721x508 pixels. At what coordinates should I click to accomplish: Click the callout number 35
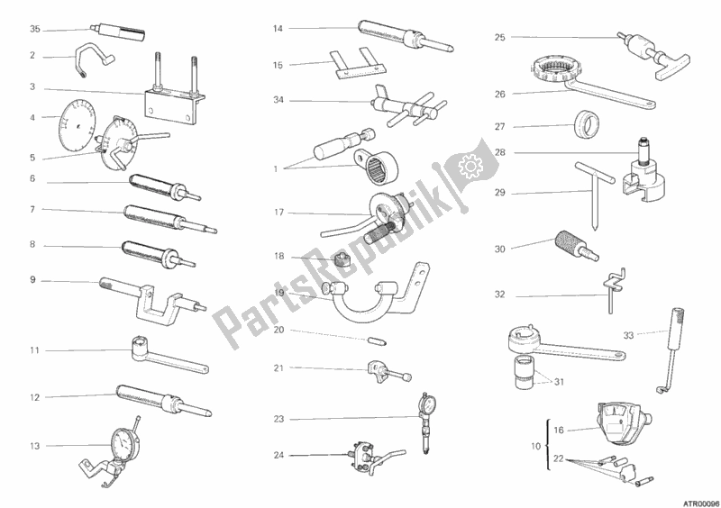(35, 30)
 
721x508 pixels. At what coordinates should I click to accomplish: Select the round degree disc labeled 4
(78, 126)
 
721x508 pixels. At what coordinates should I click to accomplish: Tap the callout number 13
(35, 446)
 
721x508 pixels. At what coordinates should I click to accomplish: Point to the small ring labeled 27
(587, 124)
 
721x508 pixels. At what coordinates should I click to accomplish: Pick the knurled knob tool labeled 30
(577, 246)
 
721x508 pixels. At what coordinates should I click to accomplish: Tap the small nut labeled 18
(341, 261)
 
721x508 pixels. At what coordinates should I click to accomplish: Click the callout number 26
(500, 95)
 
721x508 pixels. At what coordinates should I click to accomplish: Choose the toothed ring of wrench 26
(555, 68)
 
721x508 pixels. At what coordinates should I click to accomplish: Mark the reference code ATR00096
(703, 503)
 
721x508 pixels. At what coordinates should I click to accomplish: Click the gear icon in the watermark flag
(470, 166)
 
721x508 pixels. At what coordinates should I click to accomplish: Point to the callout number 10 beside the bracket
(536, 447)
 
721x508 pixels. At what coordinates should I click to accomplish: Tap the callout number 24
(278, 456)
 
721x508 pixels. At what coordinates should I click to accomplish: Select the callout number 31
(559, 382)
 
